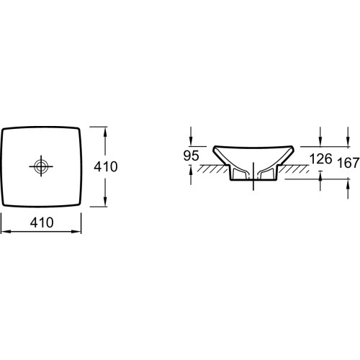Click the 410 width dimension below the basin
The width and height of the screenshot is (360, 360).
coord(42,222)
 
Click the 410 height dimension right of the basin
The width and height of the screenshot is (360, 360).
coord(106,166)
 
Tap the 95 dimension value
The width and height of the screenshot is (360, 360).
coord(192,156)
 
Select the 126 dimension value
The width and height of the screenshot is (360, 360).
coord(321,158)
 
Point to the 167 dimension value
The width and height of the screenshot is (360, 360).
coord(348,163)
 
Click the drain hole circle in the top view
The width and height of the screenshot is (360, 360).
coord(41,166)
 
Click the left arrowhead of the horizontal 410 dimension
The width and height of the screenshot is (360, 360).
coord(6,232)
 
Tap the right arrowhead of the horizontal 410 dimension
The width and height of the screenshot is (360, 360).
coord(76,232)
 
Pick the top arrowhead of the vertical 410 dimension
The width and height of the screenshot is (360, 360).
coord(105,132)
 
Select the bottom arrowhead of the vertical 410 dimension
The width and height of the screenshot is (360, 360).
coord(105,201)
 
